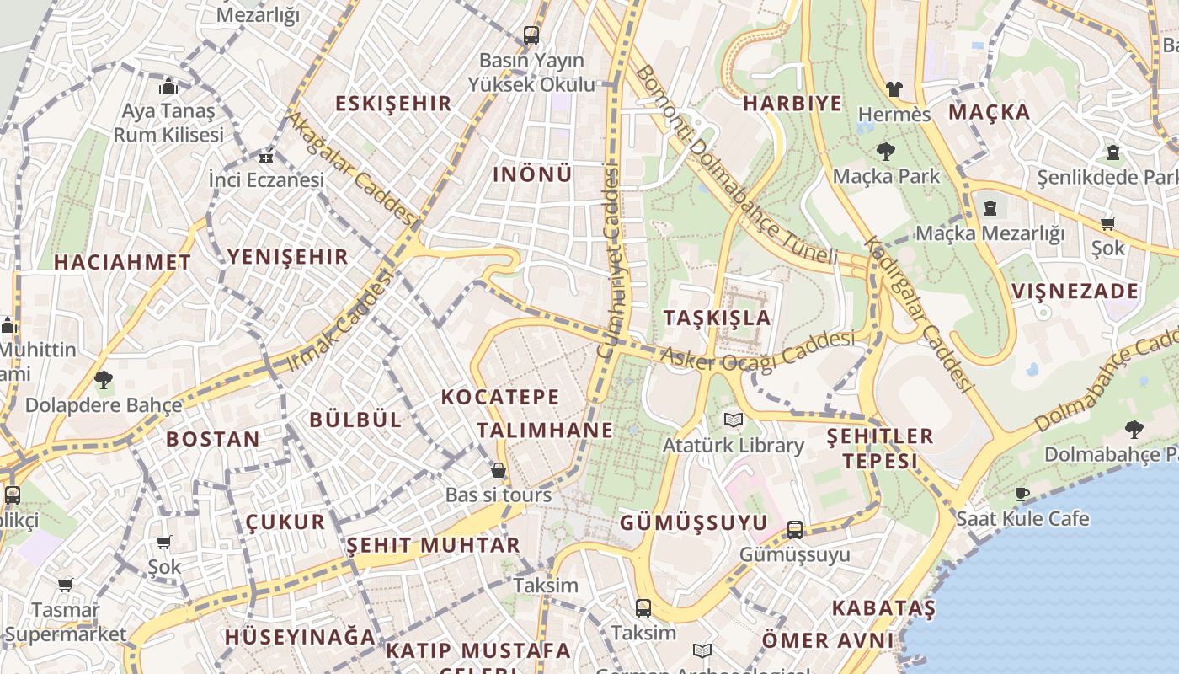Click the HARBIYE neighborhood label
pos(792,104)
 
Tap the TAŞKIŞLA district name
pos(717,318)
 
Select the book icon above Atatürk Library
pos(734,420)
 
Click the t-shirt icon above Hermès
pos(894,88)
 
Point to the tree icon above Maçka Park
pos(885,152)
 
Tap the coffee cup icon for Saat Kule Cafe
pos(1022,494)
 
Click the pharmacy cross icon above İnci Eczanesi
pos(266,157)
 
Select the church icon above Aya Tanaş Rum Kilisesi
pos(168,86)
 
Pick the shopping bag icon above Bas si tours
pos(499,470)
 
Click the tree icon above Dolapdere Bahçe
pos(104,380)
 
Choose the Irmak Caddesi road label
pos(341,320)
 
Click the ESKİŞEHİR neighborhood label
pos(393,104)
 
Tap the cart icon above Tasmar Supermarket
pos(65,585)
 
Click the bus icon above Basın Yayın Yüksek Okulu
pos(531,35)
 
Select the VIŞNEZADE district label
pos(1075,292)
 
